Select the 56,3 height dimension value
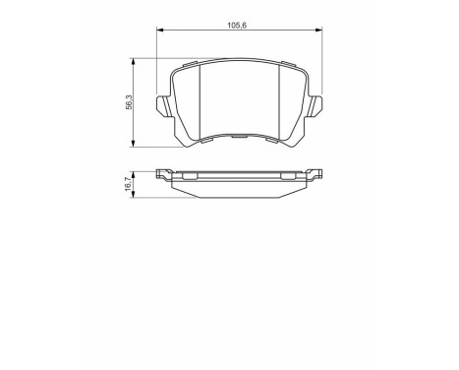tap(126, 101)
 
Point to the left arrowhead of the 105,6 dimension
tap(160, 33)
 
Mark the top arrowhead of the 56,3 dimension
tap(134, 59)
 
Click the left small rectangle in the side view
tap(190, 177)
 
